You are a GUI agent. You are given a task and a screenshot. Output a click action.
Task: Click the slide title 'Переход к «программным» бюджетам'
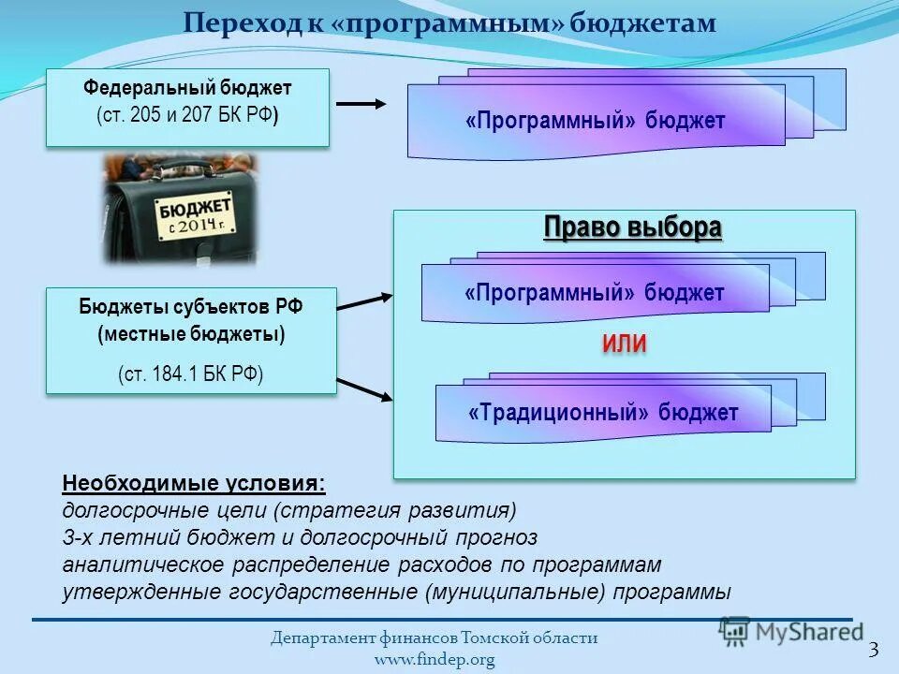449,23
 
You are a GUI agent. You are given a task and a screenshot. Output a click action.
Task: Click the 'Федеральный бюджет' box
187,107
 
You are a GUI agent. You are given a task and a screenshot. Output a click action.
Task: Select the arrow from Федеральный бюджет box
361,105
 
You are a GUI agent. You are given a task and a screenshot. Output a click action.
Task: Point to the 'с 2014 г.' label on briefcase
198,226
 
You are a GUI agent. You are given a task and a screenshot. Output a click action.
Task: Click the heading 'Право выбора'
633,228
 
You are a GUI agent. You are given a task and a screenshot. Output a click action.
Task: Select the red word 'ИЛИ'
624,344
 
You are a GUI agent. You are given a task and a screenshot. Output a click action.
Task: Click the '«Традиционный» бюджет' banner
603,413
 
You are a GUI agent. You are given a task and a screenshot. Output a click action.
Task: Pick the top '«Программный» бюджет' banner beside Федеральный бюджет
596,121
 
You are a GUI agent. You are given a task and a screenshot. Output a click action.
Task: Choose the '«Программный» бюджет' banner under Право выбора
595,293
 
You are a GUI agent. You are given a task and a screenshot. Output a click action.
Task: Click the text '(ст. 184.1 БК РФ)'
191,374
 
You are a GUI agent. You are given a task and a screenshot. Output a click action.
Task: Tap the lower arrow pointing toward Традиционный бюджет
365,389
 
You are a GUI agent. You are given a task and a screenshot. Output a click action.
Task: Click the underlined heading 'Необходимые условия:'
195,484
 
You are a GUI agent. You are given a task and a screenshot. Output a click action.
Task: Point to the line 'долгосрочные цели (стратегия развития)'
289,510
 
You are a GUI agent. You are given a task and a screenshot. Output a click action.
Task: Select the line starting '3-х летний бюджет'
300,537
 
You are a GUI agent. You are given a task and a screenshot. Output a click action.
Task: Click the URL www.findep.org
435,660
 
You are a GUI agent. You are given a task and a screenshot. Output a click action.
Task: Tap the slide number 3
874,650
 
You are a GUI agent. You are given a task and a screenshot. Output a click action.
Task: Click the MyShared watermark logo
791,632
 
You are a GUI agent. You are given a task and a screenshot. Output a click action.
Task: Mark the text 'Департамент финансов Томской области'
435,638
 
